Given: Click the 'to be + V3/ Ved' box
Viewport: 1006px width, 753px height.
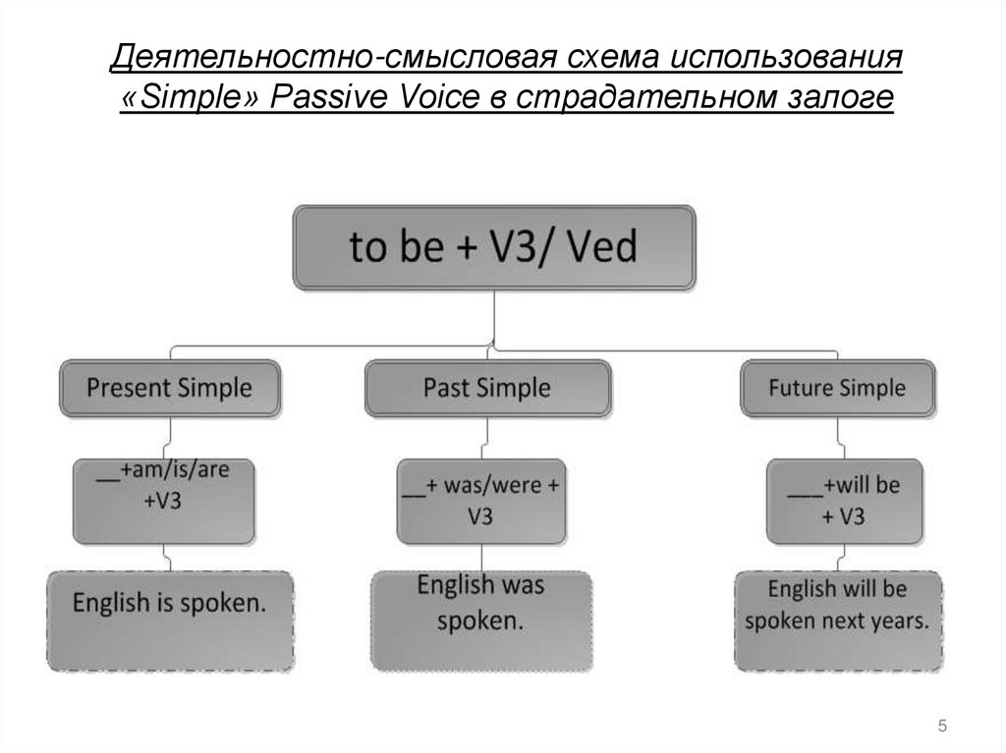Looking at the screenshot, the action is coord(494,247).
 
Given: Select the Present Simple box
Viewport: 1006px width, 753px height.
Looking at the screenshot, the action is coord(170,388).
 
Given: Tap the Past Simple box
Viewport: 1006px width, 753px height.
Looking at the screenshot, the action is coord(487,388).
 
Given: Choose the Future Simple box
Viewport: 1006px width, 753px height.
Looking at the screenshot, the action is coord(837,389).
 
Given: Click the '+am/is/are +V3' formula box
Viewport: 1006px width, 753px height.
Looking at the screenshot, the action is coord(165,501).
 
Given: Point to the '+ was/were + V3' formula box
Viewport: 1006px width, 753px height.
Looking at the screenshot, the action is coord(480,501).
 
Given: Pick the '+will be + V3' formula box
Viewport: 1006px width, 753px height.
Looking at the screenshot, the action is coord(844,502).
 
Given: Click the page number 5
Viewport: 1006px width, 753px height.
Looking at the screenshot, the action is coord(943,726).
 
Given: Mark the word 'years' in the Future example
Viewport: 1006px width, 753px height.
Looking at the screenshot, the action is coord(898,621).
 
